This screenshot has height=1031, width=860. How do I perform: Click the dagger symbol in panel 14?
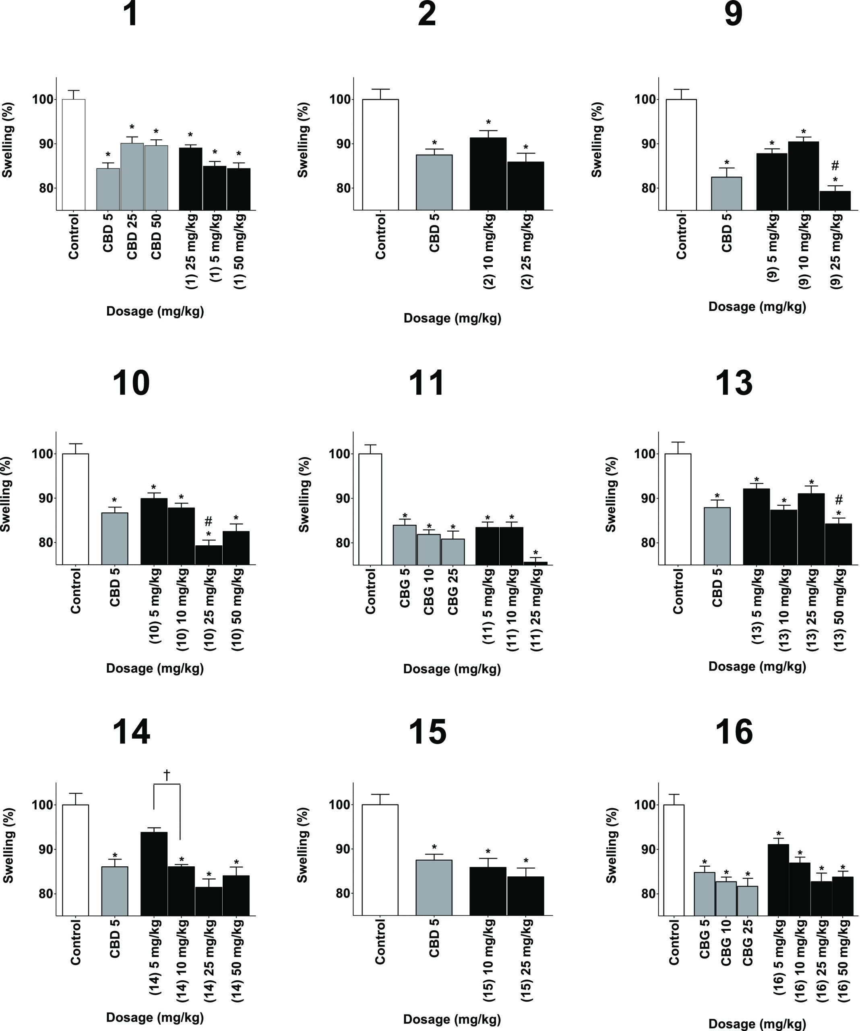point(167,775)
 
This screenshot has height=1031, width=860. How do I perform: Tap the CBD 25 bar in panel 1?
point(132,177)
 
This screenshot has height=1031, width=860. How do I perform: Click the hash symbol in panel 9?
point(835,166)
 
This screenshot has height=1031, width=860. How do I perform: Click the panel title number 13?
point(733,383)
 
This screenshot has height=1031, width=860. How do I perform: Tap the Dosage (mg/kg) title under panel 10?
point(155,668)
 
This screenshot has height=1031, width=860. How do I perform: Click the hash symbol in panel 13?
point(839,500)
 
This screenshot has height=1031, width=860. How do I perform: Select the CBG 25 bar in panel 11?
point(453,552)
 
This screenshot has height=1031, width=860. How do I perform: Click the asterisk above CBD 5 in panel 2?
point(434,143)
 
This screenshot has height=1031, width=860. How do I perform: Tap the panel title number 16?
point(733,732)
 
